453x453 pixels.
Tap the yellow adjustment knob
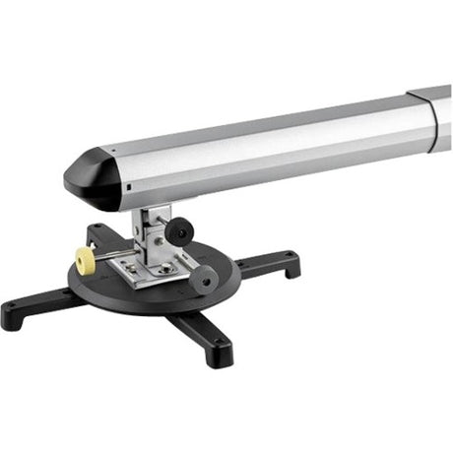[x=84, y=260]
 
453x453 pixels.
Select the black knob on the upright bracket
[x=178, y=232]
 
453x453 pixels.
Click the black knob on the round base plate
[x=203, y=279]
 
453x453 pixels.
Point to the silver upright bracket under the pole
[x=158, y=236]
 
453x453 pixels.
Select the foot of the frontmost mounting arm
[x=218, y=353]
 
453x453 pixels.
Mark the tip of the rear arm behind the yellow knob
[x=99, y=231]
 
